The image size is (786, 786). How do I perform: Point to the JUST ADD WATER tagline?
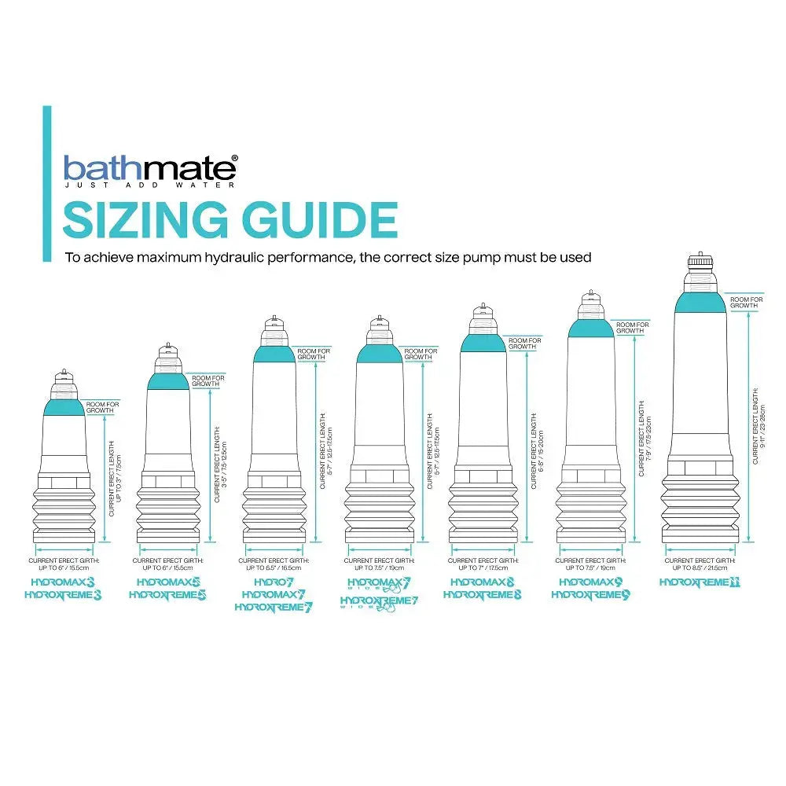148,186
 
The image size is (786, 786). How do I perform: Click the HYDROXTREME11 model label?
700,582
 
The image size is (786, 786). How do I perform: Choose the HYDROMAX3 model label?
63,582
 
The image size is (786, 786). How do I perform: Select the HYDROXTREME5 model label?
167,596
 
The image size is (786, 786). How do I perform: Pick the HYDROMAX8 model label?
483,582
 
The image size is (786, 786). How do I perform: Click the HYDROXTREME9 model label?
590,596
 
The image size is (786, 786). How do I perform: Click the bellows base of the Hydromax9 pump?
590,515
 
